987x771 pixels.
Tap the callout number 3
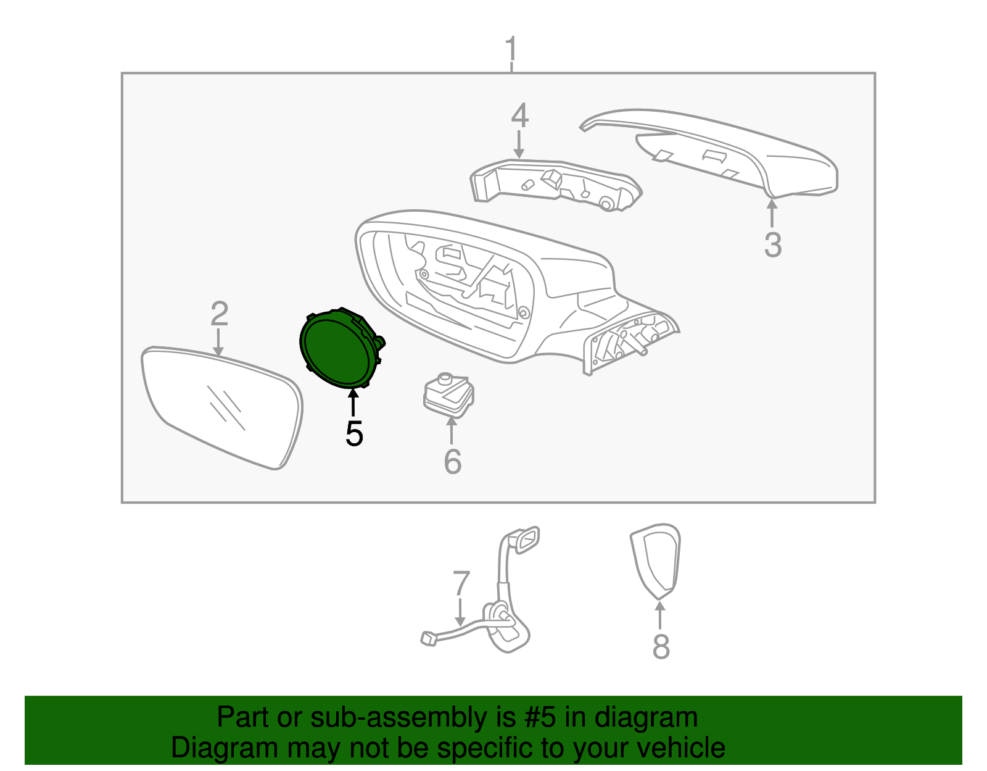(x=773, y=244)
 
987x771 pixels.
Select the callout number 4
(x=519, y=115)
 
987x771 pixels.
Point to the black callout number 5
(x=354, y=433)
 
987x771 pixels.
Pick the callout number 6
(x=452, y=462)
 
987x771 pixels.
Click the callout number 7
(x=461, y=583)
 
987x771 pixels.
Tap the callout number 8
(x=661, y=646)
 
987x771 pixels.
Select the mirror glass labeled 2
(x=222, y=407)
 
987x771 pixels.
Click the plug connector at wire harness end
(x=429, y=638)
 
